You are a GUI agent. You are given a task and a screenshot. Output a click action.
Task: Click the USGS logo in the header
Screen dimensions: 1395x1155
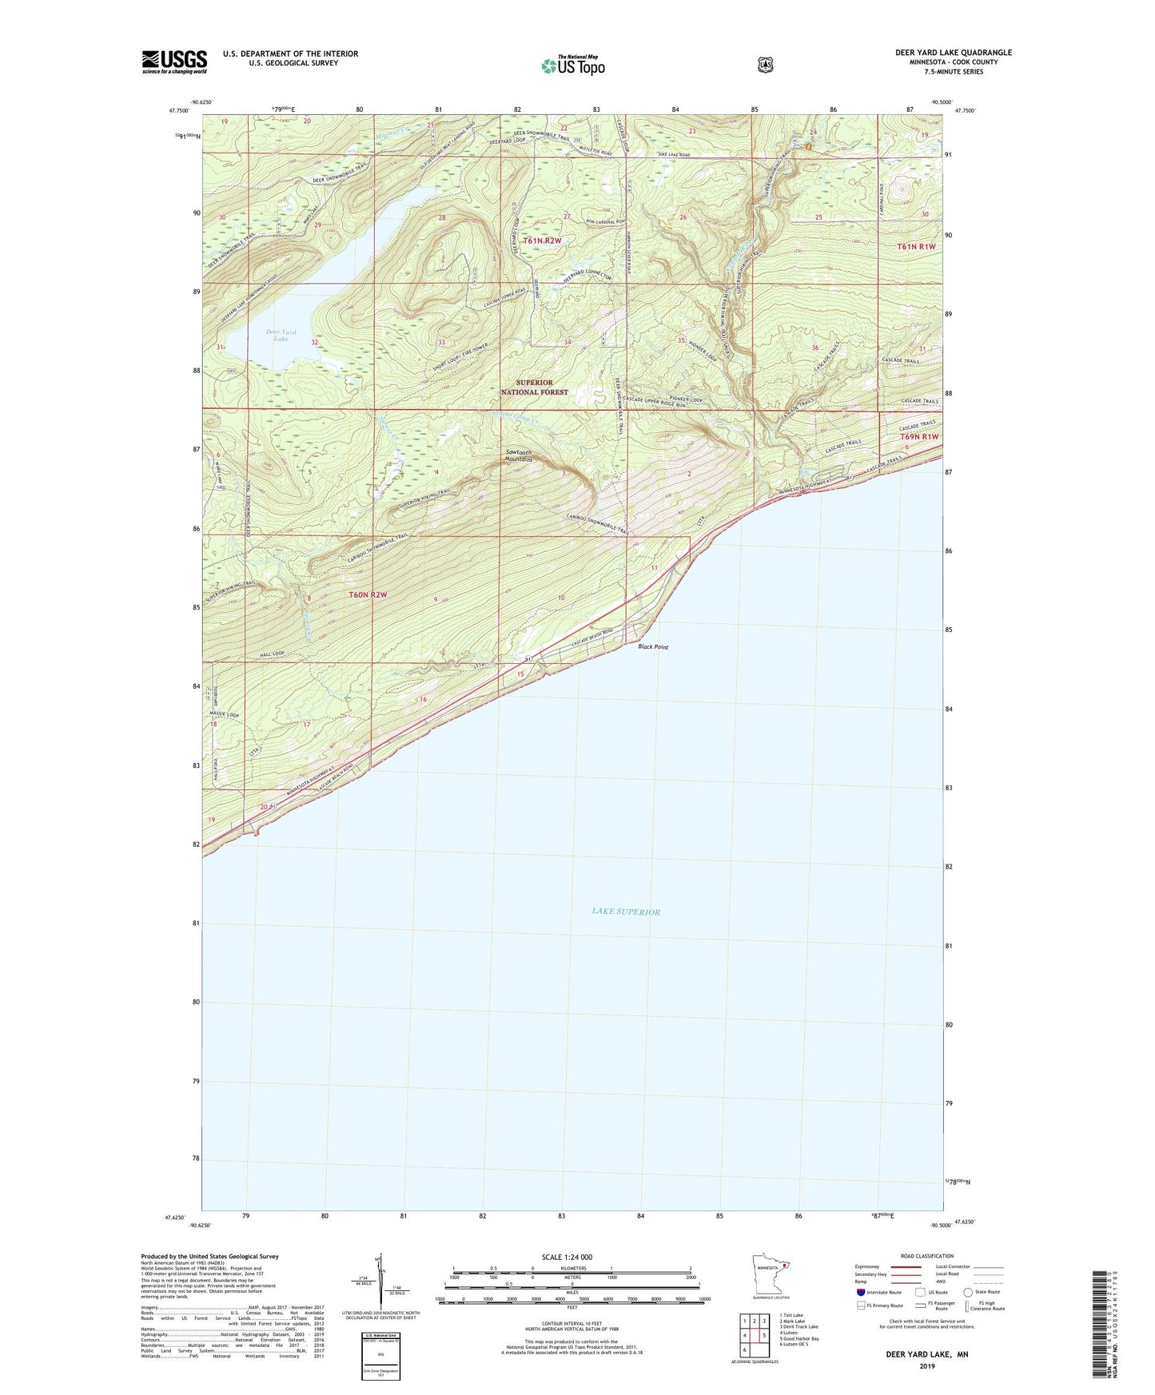174,62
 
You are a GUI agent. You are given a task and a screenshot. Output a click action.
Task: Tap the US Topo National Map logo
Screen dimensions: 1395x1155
572,65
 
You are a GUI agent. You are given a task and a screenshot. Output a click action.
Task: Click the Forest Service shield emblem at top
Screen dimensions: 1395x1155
765,65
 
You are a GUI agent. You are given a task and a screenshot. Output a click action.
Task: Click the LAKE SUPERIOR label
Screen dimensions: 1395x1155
626,912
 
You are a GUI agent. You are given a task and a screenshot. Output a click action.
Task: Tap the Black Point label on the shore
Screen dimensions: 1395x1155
653,647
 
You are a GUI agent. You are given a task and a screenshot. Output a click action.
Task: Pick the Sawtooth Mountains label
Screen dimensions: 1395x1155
519,456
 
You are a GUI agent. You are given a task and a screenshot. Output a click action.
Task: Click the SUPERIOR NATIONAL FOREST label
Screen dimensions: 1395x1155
534,387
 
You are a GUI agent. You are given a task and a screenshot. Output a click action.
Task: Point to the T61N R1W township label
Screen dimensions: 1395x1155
916,247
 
